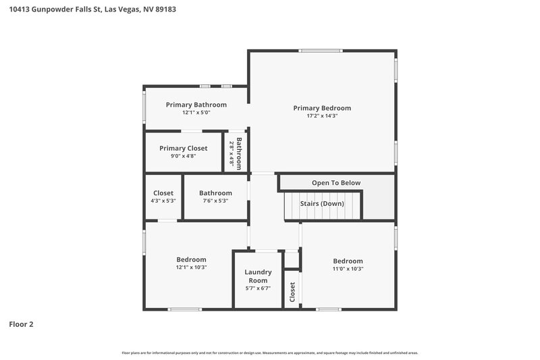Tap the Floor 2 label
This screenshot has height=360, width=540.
21,324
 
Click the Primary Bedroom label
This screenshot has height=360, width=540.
322,108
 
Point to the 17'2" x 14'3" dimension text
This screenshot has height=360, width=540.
322,116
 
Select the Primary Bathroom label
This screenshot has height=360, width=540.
196,105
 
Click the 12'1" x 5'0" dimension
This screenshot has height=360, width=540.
196,113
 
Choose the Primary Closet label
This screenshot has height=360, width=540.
183,148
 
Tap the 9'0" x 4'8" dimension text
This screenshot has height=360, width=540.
183,156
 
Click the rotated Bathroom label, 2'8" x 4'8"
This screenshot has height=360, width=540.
237,153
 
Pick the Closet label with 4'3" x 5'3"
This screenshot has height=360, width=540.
163,193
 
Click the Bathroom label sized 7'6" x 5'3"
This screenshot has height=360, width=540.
215,193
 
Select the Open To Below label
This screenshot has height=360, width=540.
336,183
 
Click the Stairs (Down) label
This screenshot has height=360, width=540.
323,204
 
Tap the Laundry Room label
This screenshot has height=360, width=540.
258,276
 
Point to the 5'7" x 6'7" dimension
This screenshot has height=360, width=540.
258,288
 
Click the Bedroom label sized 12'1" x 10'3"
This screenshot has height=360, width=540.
191,259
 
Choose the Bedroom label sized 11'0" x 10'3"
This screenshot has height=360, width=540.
348,261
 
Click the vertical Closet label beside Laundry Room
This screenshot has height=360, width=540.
292,292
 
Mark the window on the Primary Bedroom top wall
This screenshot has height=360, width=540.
321,51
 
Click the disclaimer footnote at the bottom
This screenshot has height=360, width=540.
270,353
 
